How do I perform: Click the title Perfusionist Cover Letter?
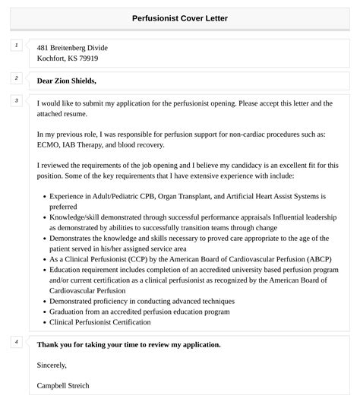pos(179,17)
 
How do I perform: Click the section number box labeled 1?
pos(16,46)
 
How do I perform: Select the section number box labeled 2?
pos(16,78)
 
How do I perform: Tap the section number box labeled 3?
pos(16,100)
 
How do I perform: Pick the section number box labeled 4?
pos(16,342)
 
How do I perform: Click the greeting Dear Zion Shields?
pos(67,80)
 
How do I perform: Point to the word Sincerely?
pos(52,365)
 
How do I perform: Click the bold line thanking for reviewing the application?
pos(128,344)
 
